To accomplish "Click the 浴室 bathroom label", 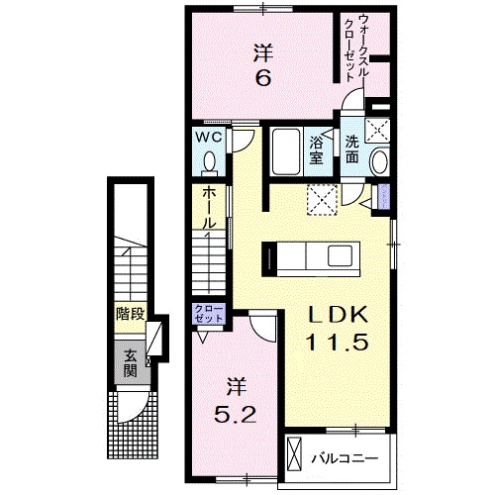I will click(318, 148).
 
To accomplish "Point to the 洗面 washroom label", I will click(353, 148).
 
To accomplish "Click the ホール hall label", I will click(208, 209).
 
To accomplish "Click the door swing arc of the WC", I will click(241, 141).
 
